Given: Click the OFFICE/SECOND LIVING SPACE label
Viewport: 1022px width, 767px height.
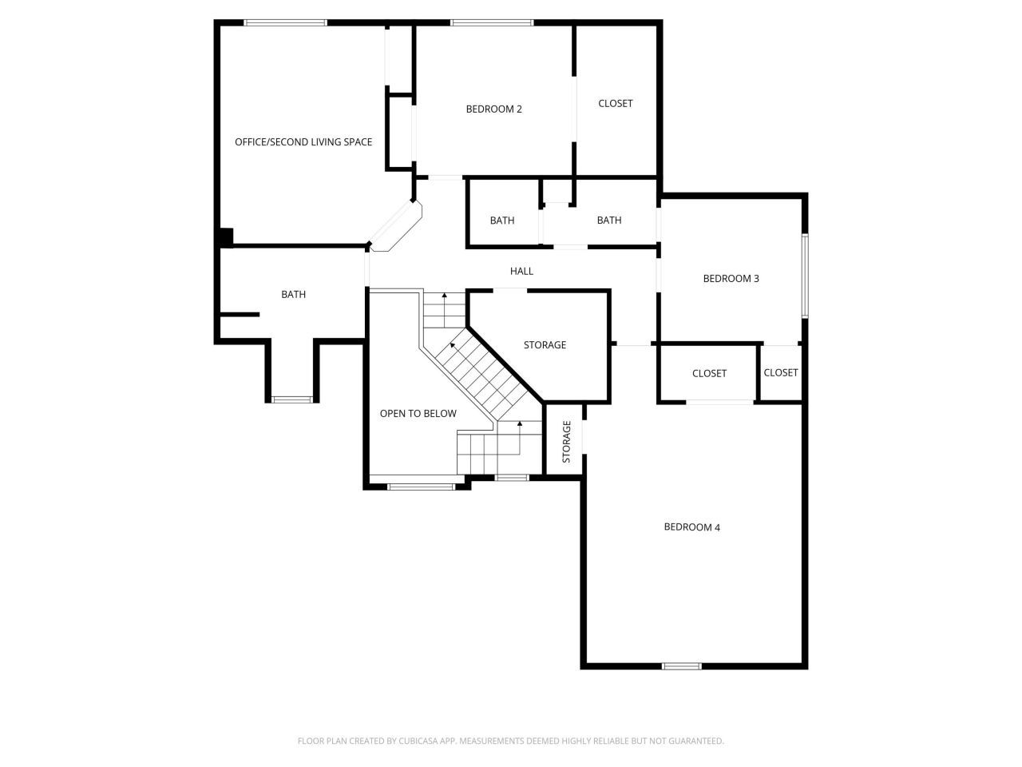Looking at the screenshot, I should point(303,142).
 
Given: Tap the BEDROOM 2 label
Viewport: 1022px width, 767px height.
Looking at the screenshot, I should point(493,109).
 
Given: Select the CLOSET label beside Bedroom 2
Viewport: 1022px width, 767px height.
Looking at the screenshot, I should point(615,103).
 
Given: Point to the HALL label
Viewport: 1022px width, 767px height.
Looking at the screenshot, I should point(521,272).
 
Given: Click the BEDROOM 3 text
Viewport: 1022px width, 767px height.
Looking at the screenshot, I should point(731,279).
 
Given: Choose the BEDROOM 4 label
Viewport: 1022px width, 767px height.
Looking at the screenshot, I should point(691,527).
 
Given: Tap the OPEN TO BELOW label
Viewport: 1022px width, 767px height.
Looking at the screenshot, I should point(418,414).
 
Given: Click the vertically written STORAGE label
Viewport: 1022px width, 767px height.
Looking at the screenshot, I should point(566,442).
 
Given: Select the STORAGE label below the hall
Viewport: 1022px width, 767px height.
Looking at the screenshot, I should point(545,345).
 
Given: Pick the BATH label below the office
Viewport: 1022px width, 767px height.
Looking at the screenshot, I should point(293,295).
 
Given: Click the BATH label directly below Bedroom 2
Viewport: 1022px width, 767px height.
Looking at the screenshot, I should point(502,221).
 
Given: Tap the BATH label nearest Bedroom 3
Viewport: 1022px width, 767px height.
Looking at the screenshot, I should point(608,221).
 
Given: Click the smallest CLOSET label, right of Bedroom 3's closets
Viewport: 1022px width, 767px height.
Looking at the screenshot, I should point(780,373).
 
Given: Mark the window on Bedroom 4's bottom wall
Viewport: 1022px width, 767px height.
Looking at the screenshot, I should point(681,666).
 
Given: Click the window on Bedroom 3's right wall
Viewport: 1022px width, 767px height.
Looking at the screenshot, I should point(805,275).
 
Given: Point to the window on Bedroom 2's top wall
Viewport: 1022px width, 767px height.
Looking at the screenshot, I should point(491,22).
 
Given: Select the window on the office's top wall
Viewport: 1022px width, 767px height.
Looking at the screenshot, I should point(285,22).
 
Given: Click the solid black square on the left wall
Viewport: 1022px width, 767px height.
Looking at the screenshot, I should point(225,237).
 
